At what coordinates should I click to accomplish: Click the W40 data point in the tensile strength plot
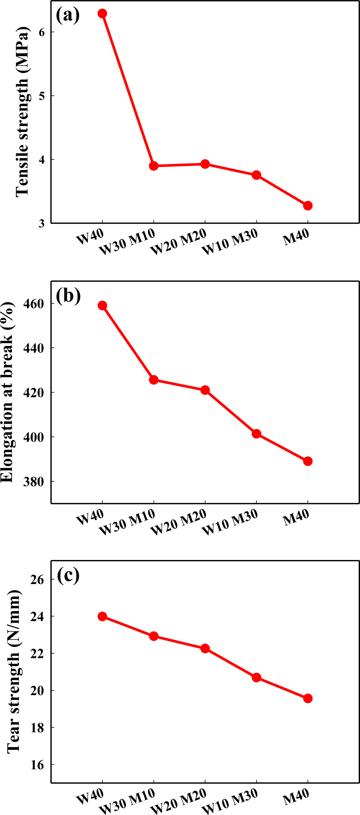[x=102, y=14]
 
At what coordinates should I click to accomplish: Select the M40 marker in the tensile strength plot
[x=307, y=206]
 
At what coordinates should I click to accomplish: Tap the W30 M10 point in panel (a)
[x=154, y=166]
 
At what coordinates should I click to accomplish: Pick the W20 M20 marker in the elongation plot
[x=205, y=390]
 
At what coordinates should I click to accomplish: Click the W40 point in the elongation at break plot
[x=102, y=305]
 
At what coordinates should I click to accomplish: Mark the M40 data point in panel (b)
[x=307, y=461]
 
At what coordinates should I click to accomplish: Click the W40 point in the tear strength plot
[x=102, y=616]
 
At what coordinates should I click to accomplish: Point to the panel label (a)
[x=68, y=15]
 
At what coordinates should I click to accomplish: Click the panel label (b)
[x=68, y=295]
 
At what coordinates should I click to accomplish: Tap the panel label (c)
[x=68, y=575]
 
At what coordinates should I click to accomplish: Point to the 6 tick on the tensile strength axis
[x=41, y=32]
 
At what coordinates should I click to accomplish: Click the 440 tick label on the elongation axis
[x=33, y=348]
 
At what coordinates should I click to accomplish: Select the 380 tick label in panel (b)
[x=33, y=482]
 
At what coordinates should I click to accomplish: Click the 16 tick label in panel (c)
[x=37, y=765]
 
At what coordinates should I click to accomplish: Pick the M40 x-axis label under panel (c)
[x=296, y=802]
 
